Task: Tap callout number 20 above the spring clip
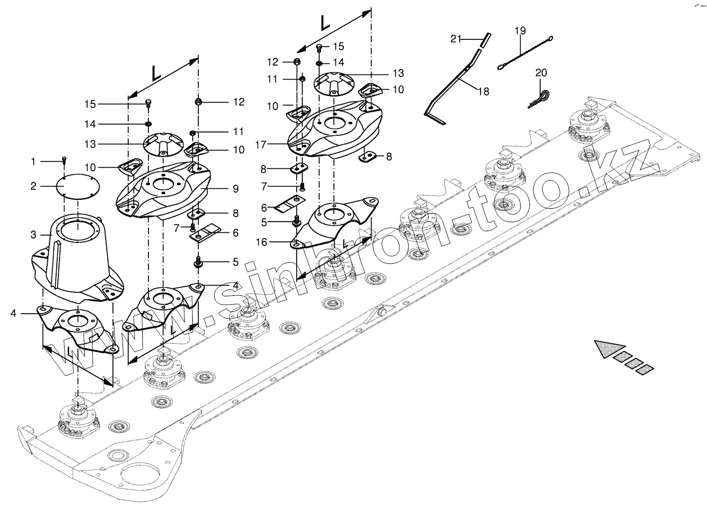click(x=541, y=72)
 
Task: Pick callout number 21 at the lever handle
click(x=455, y=38)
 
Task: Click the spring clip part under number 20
click(x=540, y=99)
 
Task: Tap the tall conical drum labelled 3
click(x=79, y=255)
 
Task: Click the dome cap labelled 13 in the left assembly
click(x=164, y=143)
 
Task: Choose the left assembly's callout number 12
click(x=239, y=102)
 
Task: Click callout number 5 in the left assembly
click(x=235, y=262)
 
